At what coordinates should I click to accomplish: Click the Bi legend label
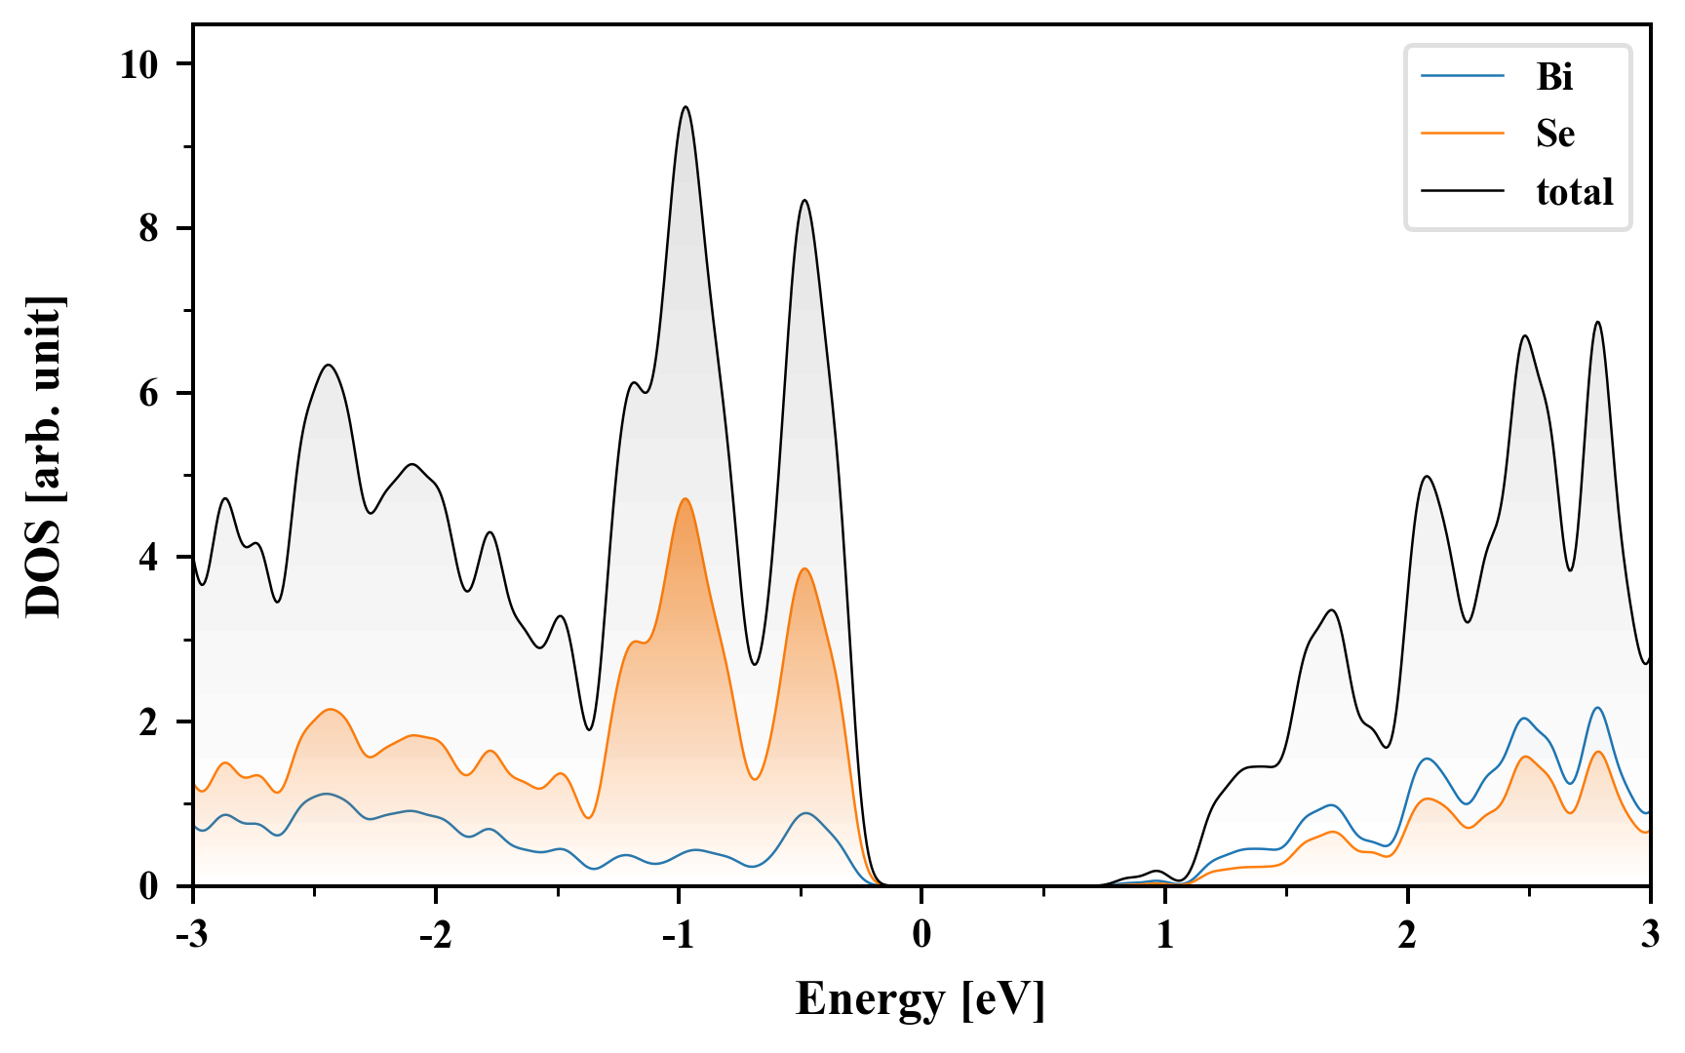(1554, 76)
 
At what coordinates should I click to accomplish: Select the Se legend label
(1554, 134)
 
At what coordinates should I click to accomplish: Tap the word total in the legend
(1574, 191)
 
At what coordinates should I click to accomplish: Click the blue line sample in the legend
(1463, 76)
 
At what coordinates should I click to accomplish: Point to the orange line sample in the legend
(1463, 134)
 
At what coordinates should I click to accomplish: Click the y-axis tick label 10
(138, 64)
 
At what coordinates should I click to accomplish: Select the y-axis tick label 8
(148, 228)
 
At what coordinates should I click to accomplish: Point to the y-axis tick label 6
(148, 393)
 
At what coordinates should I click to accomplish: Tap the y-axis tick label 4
(148, 558)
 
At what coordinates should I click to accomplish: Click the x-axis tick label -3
(192, 935)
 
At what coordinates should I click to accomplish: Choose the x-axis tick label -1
(678, 935)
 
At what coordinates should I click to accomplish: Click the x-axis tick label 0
(921, 935)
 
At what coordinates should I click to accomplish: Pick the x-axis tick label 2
(1407, 935)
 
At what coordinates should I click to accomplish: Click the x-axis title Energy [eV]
(921, 999)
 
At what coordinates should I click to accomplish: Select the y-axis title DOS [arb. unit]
(44, 456)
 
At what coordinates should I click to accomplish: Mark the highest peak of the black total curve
(686, 107)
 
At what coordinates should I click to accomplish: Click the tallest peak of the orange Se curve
(686, 499)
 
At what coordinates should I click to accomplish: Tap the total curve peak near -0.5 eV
(804, 201)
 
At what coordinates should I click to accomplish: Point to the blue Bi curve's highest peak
(1598, 708)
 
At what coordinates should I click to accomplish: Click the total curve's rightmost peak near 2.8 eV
(1598, 322)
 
